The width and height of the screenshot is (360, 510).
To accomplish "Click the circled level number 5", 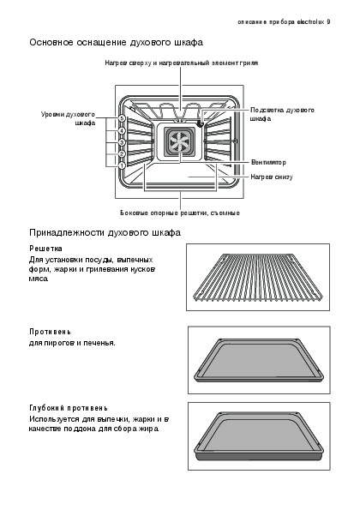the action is pyautogui.click(x=122, y=118).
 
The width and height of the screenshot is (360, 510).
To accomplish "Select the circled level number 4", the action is pyautogui.click(x=122, y=131).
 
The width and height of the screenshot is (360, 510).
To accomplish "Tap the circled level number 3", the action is pyautogui.click(x=122, y=142).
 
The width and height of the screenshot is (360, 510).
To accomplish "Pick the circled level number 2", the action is pyautogui.click(x=122, y=153).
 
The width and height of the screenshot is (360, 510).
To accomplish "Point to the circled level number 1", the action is pyautogui.click(x=122, y=165).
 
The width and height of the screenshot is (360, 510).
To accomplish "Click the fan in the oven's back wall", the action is pyautogui.click(x=179, y=142).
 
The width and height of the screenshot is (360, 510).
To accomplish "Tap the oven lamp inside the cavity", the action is pyautogui.click(x=200, y=123).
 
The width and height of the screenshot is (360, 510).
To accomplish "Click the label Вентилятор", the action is pyautogui.click(x=268, y=162).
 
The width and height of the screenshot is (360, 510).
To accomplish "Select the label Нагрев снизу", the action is pyautogui.click(x=272, y=177).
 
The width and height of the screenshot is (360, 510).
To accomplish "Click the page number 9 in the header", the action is pyautogui.click(x=328, y=22).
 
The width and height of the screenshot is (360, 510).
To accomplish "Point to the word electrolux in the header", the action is pyautogui.click(x=311, y=22).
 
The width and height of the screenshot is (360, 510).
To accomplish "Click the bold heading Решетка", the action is pyautogui.click(x=45, y=249).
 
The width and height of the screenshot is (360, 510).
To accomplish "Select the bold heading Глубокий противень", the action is pyautogui.click(x=69, y=408).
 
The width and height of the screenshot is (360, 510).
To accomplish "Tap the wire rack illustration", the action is pyautogui.click(x=257, y=277).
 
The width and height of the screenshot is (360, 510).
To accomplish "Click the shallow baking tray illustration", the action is pyautogui.click(x=259, y=360).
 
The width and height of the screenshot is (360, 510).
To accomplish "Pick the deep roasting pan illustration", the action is pyautogui.click(x=259, y=435).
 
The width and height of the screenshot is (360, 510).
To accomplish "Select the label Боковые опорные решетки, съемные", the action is pyautogui.click(x=180, y=213).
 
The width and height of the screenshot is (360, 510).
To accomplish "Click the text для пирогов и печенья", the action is pyautogui.click(x=72, y=343).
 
